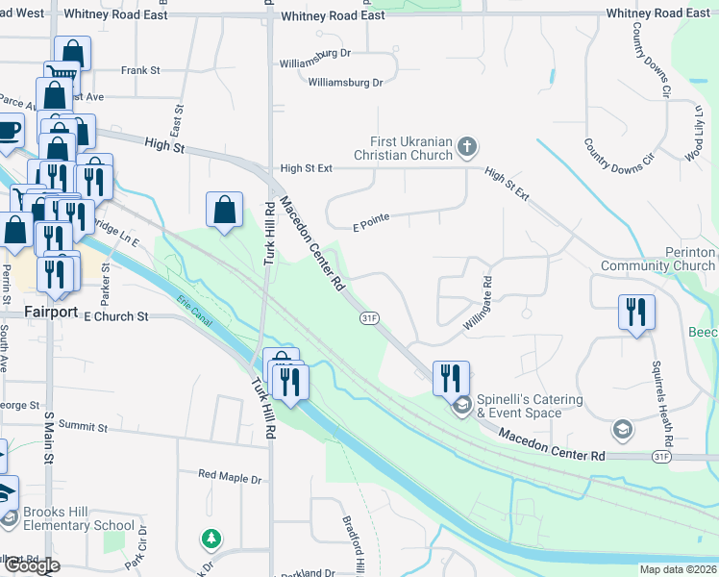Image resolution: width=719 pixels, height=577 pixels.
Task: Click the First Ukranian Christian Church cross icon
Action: [x=467, y=147]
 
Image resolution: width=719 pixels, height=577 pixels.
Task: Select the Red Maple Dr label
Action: [x=230, y=476]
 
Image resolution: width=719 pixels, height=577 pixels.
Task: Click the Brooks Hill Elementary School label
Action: [x=79, y=518]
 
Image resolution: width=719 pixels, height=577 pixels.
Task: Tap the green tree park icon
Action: [x=211, y=539]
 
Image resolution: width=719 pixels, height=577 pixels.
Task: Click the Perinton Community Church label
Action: [x=658, y=259]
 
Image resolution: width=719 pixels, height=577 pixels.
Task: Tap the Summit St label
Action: [x=83, y=425]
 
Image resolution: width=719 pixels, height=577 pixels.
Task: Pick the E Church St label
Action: [x=116, y=316]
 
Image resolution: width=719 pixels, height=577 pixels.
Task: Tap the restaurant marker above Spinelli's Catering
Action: [x=451, y=378]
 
